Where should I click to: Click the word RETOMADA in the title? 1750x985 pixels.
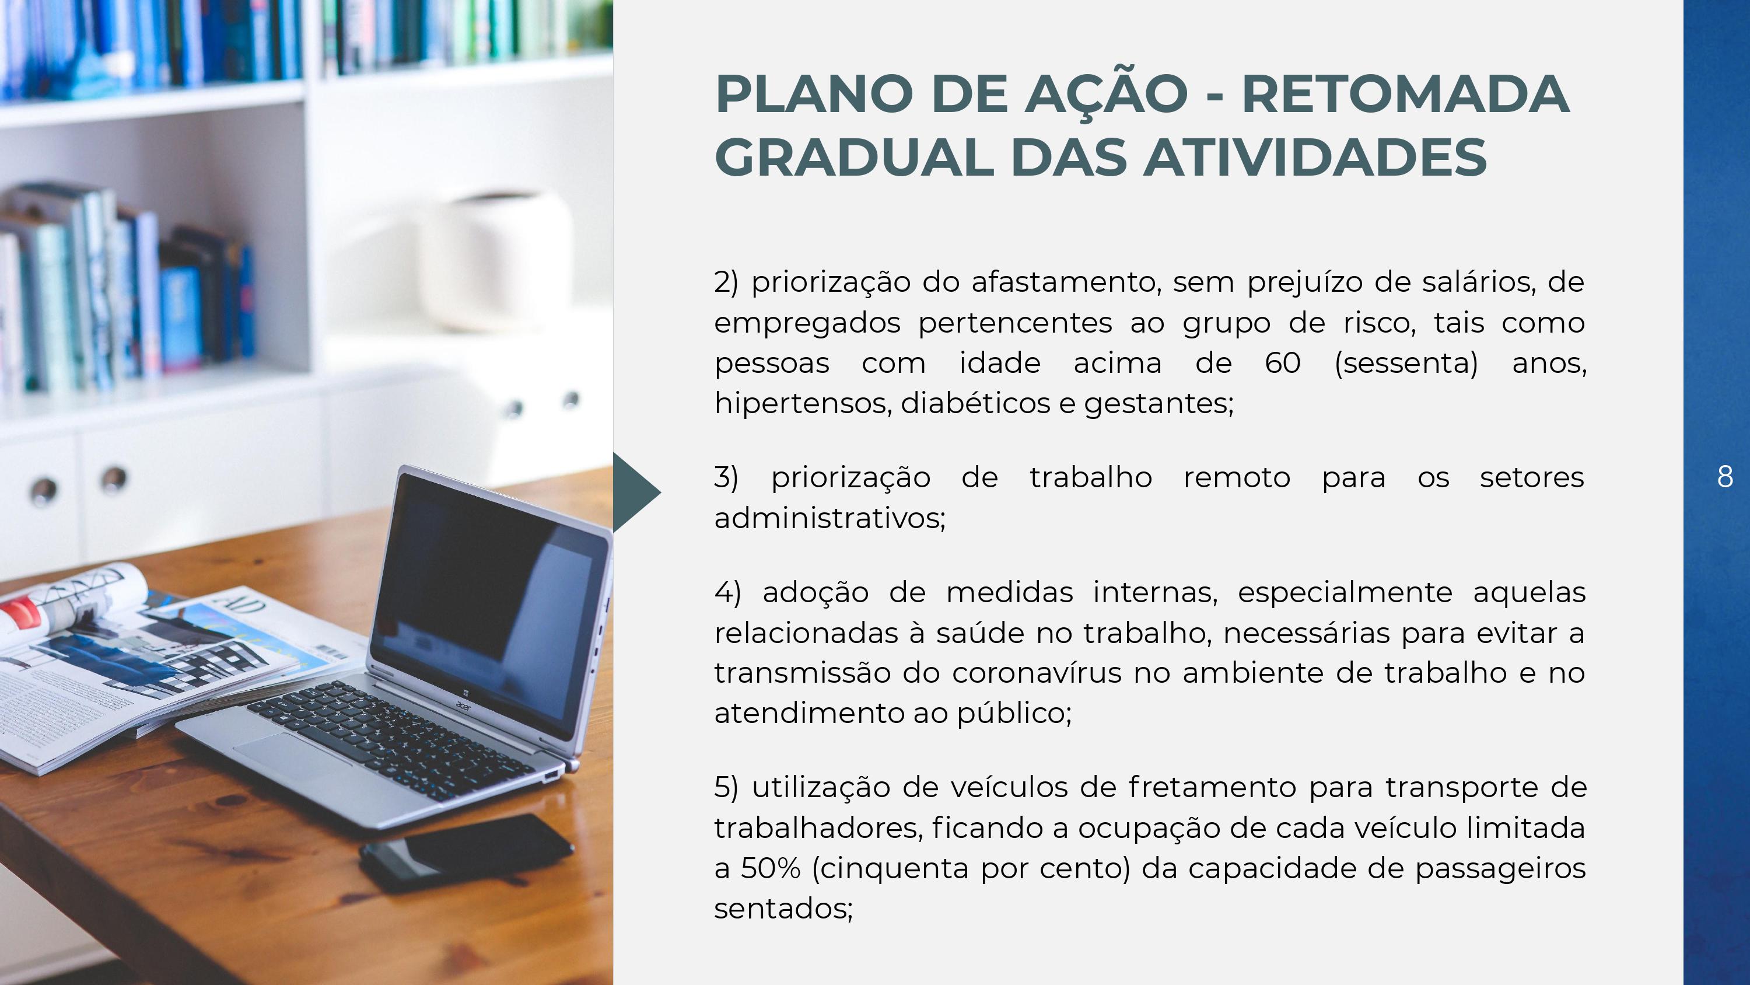coord(1406,95)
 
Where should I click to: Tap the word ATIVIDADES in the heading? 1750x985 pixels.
coord(1316,158)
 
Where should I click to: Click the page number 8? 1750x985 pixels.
coord(1725,477)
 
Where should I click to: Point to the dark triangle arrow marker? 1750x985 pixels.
coord(636,492)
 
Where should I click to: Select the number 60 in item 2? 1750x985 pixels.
coord(1283,363)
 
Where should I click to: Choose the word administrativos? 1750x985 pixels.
coord(829,518)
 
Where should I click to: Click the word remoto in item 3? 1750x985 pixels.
coord(1237,478)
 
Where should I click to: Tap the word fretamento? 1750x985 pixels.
coord(1213,787)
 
